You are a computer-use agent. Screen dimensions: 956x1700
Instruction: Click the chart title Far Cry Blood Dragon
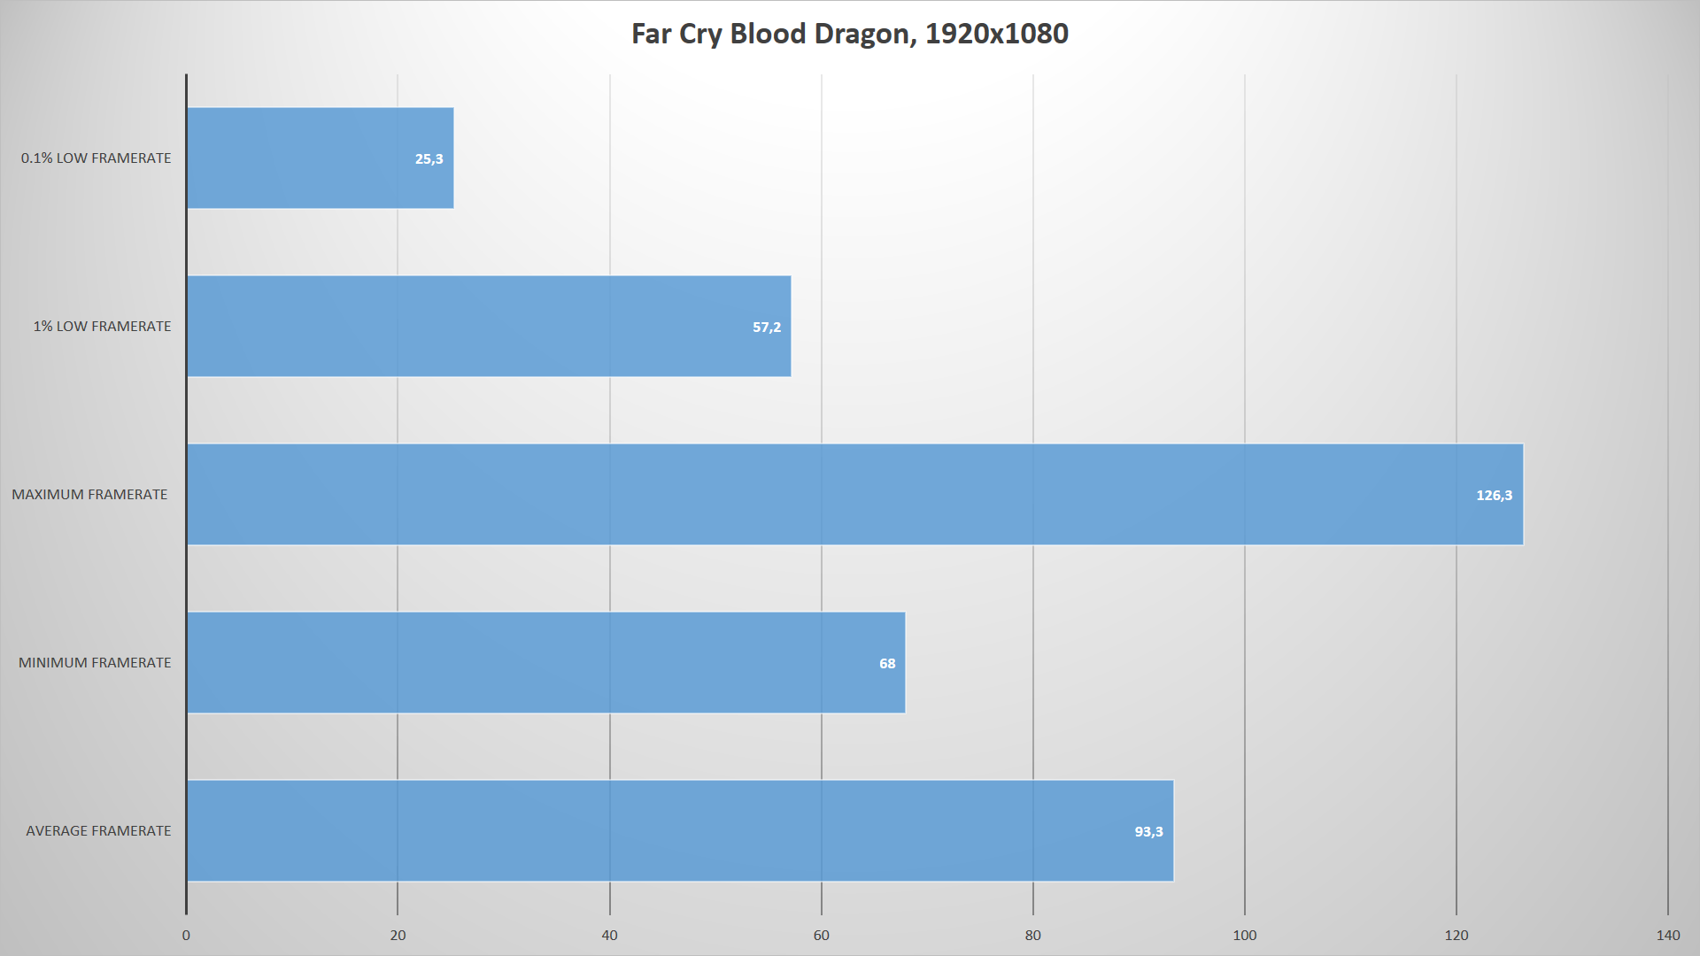coord(849,34)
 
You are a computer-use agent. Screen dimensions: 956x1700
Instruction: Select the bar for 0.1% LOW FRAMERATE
coord(320,158)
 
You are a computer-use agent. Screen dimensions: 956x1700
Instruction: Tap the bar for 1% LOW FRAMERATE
coord(488,327)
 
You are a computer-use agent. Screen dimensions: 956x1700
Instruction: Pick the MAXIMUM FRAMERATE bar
coord(854,495)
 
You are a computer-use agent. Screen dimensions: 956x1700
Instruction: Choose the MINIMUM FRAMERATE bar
coord(545,663)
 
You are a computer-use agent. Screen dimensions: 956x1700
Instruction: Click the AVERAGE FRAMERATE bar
coord(679,831)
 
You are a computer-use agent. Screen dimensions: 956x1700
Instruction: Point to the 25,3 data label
coord(429,159)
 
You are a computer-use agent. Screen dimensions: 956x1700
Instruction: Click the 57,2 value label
coord(767,328)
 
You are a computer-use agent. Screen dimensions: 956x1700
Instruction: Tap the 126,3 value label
coord(1494,496)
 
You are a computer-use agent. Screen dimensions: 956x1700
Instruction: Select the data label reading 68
coord(887,664)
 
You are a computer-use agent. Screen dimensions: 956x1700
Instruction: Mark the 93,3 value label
coord(1148,832)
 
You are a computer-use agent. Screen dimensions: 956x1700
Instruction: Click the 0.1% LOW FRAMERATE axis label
coord(97,158)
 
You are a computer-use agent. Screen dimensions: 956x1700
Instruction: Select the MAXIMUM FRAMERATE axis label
coord(89,495)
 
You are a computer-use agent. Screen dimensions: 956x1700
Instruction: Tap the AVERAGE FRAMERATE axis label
coord(98,831)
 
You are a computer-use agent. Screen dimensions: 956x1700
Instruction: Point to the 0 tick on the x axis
coord(186,936)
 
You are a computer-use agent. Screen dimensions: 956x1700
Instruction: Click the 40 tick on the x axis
coord(609,936)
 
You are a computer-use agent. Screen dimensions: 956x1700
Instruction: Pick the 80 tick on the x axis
coord(1032,936)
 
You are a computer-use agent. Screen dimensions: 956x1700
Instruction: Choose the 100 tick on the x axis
coord(1244,936)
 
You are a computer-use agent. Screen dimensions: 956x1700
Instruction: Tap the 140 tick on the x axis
coord(1667,936)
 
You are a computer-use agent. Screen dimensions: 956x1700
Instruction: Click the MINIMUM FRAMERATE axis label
coord(95,663)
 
